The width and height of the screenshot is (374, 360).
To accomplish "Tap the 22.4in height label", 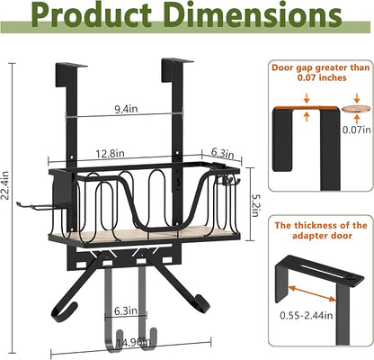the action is (x=5, y=185).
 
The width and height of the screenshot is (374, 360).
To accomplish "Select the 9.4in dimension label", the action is (x=126, y=109).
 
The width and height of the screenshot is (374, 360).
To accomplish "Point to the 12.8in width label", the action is (x=110, y=154).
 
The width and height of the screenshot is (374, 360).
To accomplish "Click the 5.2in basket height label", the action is (x=255, y=205).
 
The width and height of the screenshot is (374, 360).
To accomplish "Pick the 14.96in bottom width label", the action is (x=133, y=342).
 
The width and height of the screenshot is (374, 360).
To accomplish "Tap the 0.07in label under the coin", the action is (x=357, y=130).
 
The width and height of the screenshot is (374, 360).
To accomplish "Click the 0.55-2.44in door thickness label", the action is (x=307, y=315).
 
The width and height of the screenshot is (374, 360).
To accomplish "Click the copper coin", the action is (x=357, y=109).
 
